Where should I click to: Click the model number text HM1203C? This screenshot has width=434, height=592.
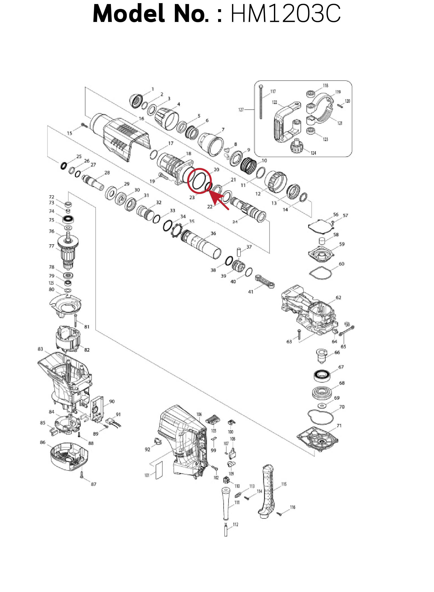pyautogui.click(x=285, y=14)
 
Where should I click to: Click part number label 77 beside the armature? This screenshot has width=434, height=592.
pyautogui.click(x=52, y=246)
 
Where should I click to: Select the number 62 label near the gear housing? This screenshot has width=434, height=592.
pyautogui.click(x=338, y=298)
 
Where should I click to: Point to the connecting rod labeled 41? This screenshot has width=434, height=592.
pyautogui.click(x=265, y=282)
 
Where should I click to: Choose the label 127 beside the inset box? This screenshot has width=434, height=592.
pyautogui.click(x=241, y=110)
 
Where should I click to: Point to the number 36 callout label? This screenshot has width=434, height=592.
pyautogui.click(x=213, y=233)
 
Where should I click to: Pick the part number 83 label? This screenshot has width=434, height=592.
pyautogui.click(x=40, y=349)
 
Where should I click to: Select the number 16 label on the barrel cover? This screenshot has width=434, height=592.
pyautogui.click(x=141, y=118)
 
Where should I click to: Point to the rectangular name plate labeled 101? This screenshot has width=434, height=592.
pyautogui.click(x=159, y=470)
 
